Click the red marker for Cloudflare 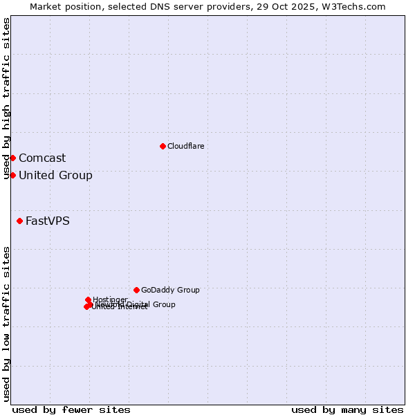pyautogui.click(x=163, y=146)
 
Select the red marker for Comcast pyautogui.click(x=12, y=158)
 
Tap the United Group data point pyautogui.click(x=12, y=175)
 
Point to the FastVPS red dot pyautogui.click(x=19, y=221)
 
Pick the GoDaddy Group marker pyautogui.click(x=136, y=290)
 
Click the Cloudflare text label pyautogui.click(x=185, y=146)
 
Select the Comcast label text pyautogui.click(x=42, y=158)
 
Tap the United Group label pyautogui.click(x=55, y=175)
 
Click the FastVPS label pyautogui.click(x=48, y=221)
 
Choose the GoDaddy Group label pyautogui.click(x=170, y=290)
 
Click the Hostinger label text pyautogui.click(x=110, y=299)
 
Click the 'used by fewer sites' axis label pyautogui.click(x=71, y=409)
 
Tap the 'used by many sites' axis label pyautogui.click(x=347, y=409)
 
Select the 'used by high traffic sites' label pyautogui.click(x=6, y=98)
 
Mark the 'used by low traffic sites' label pyautogui.click(x=6, y=324)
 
